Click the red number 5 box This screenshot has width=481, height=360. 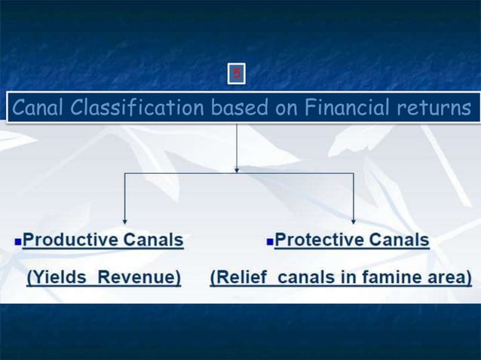[237, 74]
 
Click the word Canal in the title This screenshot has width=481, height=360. [36, 109]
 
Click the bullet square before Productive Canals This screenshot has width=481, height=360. [17, 243]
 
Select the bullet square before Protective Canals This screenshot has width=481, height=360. [269, 243]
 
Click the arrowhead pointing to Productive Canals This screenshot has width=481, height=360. [124, 221]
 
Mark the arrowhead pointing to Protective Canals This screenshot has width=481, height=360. [354, 221]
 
